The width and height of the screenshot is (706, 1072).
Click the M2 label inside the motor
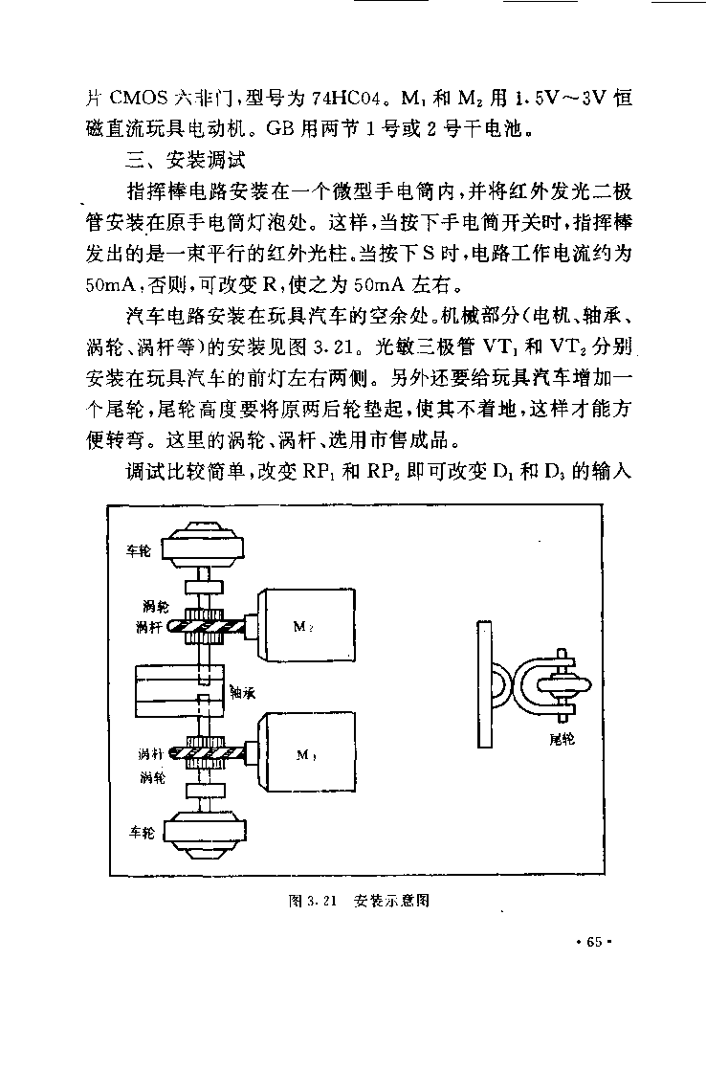(x=302, y=626)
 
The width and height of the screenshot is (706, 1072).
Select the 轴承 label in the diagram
(x=243, y=693)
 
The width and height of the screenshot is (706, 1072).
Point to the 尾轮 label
(x=562, y=739)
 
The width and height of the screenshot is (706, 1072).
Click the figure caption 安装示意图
(x=391, y=901)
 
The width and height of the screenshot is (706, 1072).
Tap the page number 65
(x=594, y=942)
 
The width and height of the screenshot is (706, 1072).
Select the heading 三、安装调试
(x=186, y=161)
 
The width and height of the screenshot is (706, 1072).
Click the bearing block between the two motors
(x=181, y=691)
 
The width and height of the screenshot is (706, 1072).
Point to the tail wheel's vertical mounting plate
(x=485, y=683)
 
